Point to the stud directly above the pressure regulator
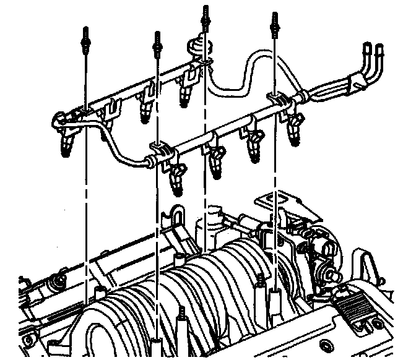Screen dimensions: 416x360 pos(204,15)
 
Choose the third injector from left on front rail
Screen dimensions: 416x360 pos(254,148)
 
